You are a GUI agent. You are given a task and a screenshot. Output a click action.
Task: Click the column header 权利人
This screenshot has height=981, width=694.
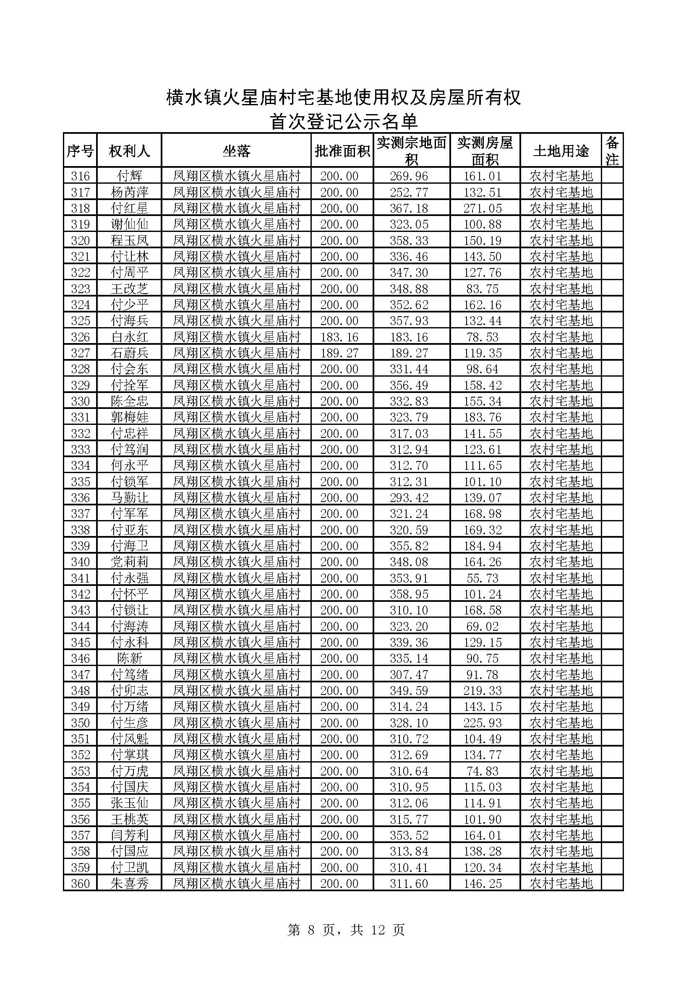point(129,151)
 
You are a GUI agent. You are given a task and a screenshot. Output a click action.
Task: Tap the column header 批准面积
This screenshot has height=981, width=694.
point(342,151)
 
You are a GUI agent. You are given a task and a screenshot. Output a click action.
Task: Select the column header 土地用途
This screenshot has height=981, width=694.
point(561,151)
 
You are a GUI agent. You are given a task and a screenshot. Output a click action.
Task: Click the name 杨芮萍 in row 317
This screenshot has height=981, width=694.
point(129,192)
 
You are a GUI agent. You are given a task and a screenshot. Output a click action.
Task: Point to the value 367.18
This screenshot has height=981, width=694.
point(409,208)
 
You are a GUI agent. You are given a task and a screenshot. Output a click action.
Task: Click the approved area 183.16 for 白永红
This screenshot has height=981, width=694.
point(339,337)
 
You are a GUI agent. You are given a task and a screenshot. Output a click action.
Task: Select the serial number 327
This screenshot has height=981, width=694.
point(80,353)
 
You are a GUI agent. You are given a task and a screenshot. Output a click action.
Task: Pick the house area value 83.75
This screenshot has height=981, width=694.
point(483,289)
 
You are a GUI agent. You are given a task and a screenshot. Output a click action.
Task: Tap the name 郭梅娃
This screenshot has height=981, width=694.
point(129,417)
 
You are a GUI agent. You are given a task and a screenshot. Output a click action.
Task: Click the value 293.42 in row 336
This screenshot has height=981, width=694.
point(409,498)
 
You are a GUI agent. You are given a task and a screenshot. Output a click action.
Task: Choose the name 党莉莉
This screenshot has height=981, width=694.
point(129,562)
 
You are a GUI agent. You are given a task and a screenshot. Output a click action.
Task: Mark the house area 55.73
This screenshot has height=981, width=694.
point(483,578)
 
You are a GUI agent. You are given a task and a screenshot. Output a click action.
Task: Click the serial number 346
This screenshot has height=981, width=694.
point(80,658)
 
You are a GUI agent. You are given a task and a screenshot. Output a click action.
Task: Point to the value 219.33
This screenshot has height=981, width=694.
point(483,690)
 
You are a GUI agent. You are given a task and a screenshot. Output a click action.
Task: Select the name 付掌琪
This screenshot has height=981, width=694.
point(129,755)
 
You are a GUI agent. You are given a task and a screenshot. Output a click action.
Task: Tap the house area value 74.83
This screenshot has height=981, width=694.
point(483,771)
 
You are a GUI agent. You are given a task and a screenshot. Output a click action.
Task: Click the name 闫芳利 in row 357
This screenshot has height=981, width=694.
point(129,835)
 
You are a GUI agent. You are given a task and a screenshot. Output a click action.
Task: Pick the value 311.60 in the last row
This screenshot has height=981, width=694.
point(409,884)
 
